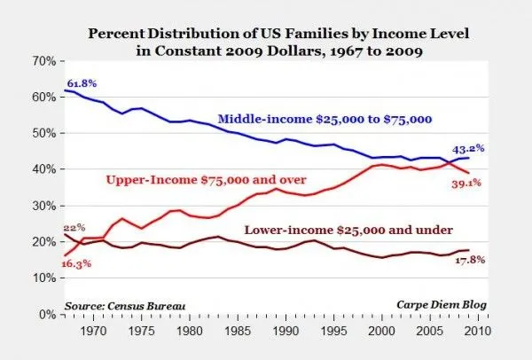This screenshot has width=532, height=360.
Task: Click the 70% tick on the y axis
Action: coord(43,60)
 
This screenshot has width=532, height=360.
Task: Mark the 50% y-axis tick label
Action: coord(43,133)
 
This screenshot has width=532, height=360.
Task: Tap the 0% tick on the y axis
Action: coord(47,315)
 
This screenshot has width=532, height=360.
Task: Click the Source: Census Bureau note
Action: coord(124,305)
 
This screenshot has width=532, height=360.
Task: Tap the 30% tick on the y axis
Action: coord(43,206)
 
